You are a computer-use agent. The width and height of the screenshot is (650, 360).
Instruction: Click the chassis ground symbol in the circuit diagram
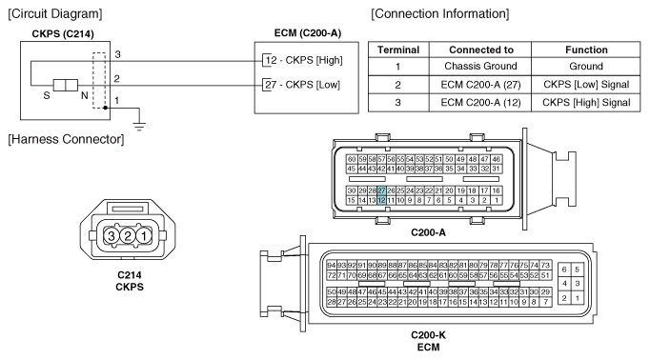pos(139,127)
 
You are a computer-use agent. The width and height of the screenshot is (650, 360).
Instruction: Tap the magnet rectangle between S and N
pos(66,86)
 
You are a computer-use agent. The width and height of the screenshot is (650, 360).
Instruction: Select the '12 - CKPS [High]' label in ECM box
pos(304,61)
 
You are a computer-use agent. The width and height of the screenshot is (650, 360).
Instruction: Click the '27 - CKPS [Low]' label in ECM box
pos(303,85)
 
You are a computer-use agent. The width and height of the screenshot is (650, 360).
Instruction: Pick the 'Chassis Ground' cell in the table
pos(480,67)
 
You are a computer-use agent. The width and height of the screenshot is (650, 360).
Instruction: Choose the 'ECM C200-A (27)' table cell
pos(480,85)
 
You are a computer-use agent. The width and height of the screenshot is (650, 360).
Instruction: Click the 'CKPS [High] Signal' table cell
pos(586,103)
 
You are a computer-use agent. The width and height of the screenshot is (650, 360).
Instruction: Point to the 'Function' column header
pos(586,50)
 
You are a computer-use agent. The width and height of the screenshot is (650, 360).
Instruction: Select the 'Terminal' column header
pos(398,50)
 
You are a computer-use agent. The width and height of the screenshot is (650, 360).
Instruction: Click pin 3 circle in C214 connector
pos(112,236)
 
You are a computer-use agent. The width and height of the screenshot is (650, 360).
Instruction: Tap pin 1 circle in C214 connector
pos(144,236)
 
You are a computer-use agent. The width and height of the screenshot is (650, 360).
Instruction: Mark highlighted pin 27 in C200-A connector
pos(381,191)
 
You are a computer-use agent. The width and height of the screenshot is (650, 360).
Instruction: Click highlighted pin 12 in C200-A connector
pos(381,201)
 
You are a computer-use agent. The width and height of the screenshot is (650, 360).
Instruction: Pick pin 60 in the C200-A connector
pos(352,159)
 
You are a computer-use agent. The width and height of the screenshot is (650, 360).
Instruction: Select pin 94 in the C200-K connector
pos(332,265)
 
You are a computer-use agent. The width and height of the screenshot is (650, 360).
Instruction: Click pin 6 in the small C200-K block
pos(564,270)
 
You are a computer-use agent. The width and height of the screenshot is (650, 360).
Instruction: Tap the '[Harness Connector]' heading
pos(66,139)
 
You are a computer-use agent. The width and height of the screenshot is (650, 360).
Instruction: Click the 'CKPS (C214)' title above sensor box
pos(63,34)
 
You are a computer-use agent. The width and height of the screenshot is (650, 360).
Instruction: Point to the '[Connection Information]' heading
pos(439,13)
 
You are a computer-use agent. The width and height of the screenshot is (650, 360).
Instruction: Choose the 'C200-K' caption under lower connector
pos(428,334)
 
